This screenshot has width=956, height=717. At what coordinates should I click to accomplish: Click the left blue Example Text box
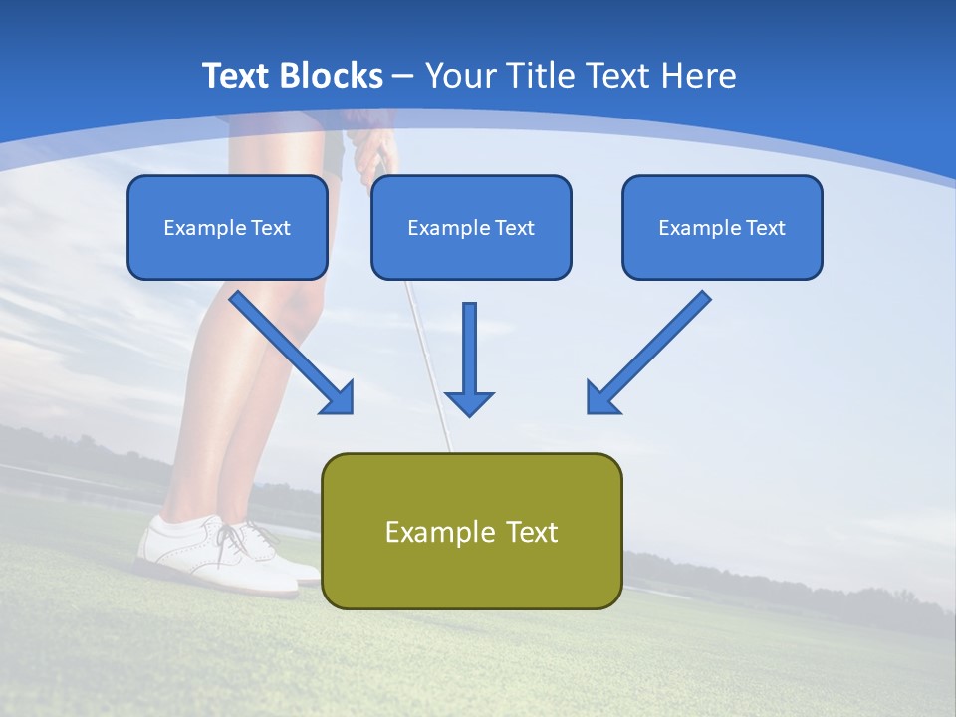point(227,227)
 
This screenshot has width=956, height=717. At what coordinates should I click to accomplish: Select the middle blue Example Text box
point(471,227)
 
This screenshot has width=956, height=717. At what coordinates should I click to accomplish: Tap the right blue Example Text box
point(722,227)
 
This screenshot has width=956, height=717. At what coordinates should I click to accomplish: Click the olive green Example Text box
point(471,531)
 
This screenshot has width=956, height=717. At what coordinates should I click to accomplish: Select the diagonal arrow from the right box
point(648,353)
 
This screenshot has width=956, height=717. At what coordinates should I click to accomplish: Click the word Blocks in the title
point(334,76)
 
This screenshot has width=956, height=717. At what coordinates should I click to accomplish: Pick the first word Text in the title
point(239,76)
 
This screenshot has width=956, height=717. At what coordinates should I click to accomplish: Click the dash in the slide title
point(403,76)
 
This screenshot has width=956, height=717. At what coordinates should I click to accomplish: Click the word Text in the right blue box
point(764,227)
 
